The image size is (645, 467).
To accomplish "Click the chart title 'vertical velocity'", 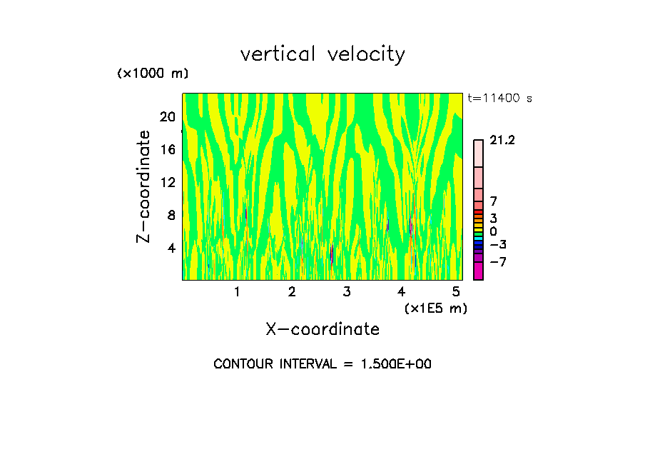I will (x=322, y=54).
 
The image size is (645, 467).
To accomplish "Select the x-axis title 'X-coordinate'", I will (x=322, y=329).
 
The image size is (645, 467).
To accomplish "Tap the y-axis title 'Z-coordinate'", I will (x=144, y=186).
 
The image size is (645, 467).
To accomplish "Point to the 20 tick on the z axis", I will (x=166, y=116).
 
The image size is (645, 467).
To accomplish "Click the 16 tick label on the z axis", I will (x=166, y=149).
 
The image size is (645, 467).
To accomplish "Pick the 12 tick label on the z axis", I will (x=166, y=182).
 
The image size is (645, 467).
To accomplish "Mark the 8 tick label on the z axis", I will (x=171, y=215).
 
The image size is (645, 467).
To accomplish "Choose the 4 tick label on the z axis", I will (x=171, y=248).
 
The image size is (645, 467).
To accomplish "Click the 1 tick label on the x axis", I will (x=237, y=292).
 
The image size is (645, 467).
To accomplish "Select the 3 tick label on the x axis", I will (x=346, y=292).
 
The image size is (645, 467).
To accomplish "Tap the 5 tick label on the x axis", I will (x=456, y=292).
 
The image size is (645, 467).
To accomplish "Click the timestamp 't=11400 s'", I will (x=499, y=99).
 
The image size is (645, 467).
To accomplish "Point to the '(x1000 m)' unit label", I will (x=152, y=74).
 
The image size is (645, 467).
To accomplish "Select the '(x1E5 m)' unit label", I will (x=435, y=308).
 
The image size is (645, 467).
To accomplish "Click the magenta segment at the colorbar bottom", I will (x=478, y=271).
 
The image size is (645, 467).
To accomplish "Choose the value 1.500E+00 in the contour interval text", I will (x=391, y=364).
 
